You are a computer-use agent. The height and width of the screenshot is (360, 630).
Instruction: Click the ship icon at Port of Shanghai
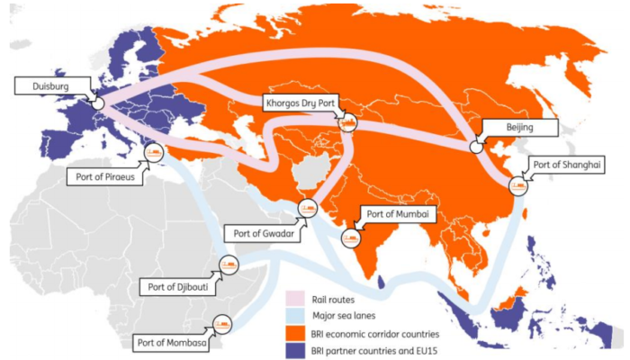click(518, 186)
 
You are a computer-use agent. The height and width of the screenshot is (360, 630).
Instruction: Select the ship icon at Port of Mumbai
click(349, 238)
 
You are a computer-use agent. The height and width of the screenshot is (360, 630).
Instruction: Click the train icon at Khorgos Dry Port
click(347, 121)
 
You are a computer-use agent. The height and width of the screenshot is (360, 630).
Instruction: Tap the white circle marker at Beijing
click(476, 144)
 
